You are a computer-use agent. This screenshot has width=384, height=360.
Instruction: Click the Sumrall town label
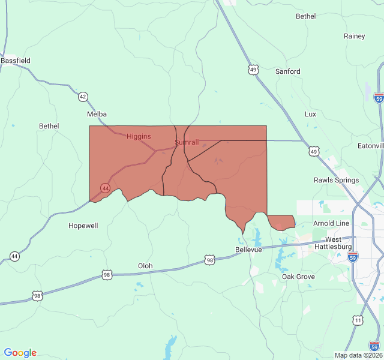click(x=187, y=142)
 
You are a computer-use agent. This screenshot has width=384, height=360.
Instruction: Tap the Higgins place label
click(x=139, y=136)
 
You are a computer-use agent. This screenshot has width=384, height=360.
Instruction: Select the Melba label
click(x=97, y=114)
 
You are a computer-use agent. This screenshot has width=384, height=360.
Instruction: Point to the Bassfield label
click(x=16, y=61)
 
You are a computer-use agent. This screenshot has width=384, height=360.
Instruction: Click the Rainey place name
click(x=354, y=36)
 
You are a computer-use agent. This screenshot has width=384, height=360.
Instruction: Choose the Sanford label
click(x=287, y=71)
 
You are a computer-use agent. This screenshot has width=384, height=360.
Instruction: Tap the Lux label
click(x=310, y=114)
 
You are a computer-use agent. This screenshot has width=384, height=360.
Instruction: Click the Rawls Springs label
click(x=336, y=180)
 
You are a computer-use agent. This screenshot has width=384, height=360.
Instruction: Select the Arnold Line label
click(x=331, y=223)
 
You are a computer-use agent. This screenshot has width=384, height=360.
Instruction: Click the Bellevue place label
click(x=249, y=249)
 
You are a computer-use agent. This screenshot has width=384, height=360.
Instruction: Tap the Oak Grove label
click(x=298, y=277)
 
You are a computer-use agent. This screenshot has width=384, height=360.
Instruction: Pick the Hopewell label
click(x=83, y=226)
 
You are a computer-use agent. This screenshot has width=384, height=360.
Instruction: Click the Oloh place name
click(x=145, y=266)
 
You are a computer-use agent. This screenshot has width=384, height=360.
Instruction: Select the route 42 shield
click(x=83, y=97)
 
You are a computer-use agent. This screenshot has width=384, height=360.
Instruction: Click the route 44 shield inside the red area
click(x=105, y=188)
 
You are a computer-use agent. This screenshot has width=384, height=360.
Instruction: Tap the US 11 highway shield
click(x=358, y=320)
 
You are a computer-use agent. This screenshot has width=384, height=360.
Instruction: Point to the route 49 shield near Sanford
click(x=254, y=70)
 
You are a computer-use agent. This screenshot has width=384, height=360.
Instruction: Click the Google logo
click(x=20, y=353)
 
